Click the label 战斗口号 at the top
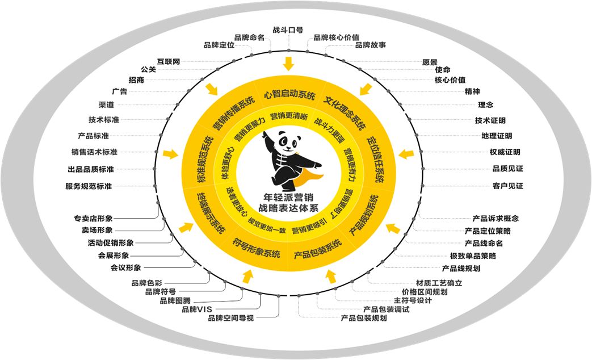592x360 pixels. point(288,30)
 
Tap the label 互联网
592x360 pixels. point(169,61)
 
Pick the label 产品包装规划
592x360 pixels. point(364,318)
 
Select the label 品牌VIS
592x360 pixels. point(196,309)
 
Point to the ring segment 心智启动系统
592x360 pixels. point(289,95)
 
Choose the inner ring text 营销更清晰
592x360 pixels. point(289,116)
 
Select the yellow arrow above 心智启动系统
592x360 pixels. point(288,62)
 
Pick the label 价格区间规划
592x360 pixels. point(425,292)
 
